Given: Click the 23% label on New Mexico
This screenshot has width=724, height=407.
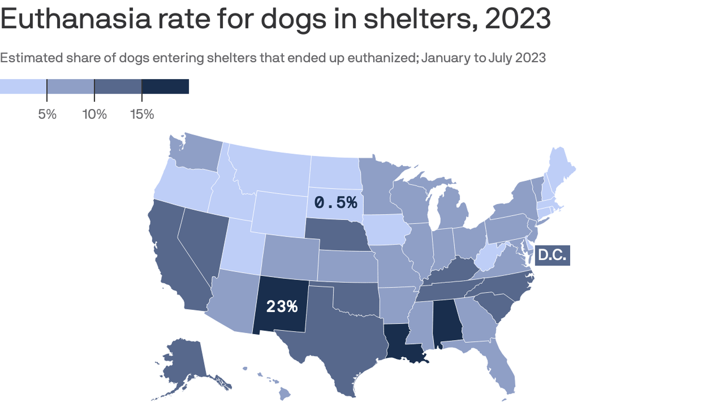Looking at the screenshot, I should [281, 307].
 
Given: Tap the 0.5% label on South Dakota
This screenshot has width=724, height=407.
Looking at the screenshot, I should [335, 203].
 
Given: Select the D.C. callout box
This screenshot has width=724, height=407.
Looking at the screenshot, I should [552, 255].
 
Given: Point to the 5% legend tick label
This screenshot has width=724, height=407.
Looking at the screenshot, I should [47, 114].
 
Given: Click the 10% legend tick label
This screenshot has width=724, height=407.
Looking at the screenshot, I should [95, 114].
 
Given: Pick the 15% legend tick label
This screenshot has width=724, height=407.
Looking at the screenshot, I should [142, 114].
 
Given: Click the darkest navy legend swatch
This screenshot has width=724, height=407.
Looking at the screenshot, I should [165, 86].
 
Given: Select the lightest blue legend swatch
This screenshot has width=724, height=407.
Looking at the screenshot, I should [23, 86].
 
